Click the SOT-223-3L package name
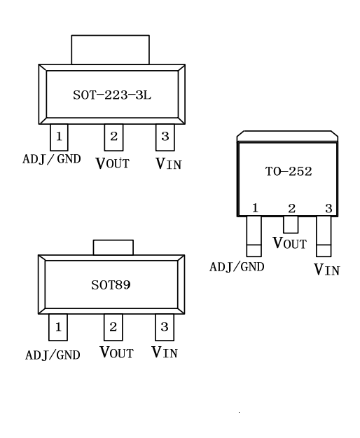112,95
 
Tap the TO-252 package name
289,171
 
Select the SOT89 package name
111,285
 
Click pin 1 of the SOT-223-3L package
59,137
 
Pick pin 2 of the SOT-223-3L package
113,137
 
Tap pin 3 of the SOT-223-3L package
165,137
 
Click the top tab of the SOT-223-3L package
110,50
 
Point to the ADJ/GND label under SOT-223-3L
52,159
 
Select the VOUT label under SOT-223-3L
113,163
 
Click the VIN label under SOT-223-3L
169,164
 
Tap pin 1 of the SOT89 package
58,327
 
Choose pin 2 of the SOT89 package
113,327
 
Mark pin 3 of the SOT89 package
165,327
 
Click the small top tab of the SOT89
113,247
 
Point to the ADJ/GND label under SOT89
53,355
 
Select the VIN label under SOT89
165,353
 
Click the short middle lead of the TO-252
291,224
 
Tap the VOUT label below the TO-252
290,242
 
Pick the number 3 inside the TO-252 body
328,208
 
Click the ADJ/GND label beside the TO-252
237,267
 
